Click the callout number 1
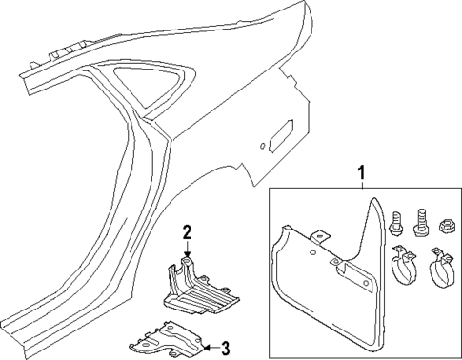point(360,172)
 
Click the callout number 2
point(188,230)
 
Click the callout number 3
point(225,347)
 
